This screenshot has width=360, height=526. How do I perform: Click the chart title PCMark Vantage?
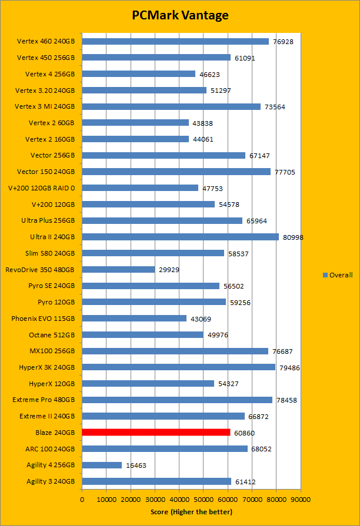point(180,15)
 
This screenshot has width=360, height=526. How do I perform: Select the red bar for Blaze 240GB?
point(156,433)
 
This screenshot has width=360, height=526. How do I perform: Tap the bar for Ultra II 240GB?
point(180,237)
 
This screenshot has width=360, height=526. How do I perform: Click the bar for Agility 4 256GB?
point(102,465)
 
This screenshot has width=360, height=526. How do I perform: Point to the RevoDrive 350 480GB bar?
point(118,270)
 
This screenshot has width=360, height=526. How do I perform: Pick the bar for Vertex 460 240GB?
point(175,42)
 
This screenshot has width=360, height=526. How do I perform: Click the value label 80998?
point(292,237)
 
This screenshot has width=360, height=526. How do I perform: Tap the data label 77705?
point(285,172)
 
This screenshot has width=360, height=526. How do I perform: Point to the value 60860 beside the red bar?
point(244,433)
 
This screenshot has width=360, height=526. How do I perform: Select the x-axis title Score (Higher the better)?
point(191,512)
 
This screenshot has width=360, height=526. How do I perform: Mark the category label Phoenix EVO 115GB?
point(43,319)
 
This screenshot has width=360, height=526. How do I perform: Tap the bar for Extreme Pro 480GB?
point(177,400)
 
